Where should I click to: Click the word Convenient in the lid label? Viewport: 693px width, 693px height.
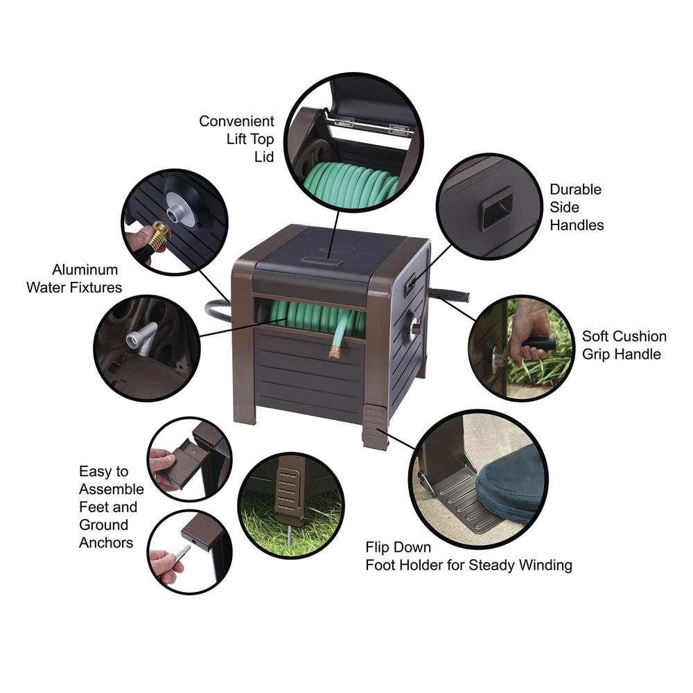(x=236, y=121)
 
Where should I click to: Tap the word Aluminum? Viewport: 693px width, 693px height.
(x=85, y=270)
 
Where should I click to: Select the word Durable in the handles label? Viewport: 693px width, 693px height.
(x=575, y=189)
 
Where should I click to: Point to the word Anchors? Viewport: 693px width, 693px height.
(x=106, y=543)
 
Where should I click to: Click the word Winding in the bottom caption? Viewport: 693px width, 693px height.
(x=545, y=565)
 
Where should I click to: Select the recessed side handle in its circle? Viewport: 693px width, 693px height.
(x=497, y=208)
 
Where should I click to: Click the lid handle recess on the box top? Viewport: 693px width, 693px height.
(x=322, y=262)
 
